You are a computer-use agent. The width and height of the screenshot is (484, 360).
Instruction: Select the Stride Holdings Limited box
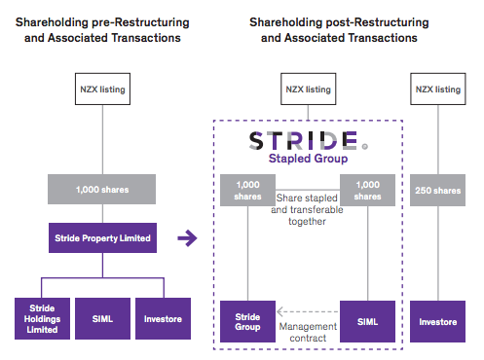pyautogui.click(x=39, y=317)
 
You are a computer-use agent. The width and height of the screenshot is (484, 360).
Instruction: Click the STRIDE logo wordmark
pyautogui.click(x=307, y=140)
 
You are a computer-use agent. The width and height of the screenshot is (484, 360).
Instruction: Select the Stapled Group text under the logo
pyautogui.click(x=307, y=161)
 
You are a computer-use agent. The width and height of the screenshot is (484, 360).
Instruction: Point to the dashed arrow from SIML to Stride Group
pyautogui.click(x=307, y=313)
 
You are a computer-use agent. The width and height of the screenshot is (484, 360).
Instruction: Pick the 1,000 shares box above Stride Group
pyautogui.click(x=246, y=190)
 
